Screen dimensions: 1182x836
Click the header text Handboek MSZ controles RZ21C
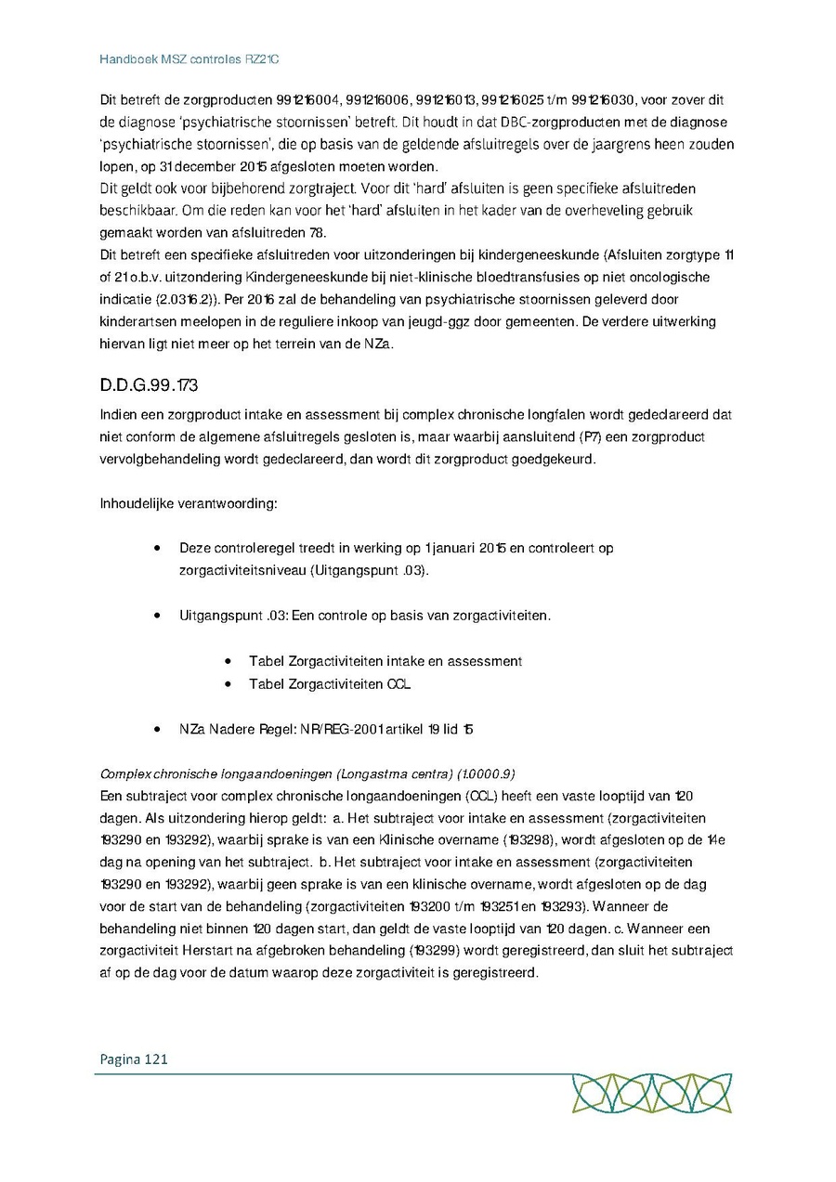[x=189, y=58]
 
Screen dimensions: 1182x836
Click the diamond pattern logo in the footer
[x=650, y=1094]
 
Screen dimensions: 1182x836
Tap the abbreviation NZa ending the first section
[x=379, y=344]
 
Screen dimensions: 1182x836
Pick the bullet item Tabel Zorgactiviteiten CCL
[x=330, y=684]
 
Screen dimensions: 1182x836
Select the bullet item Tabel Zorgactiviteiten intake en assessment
[x=385, y=661]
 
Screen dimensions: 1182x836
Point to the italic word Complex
[x=124, y=773]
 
